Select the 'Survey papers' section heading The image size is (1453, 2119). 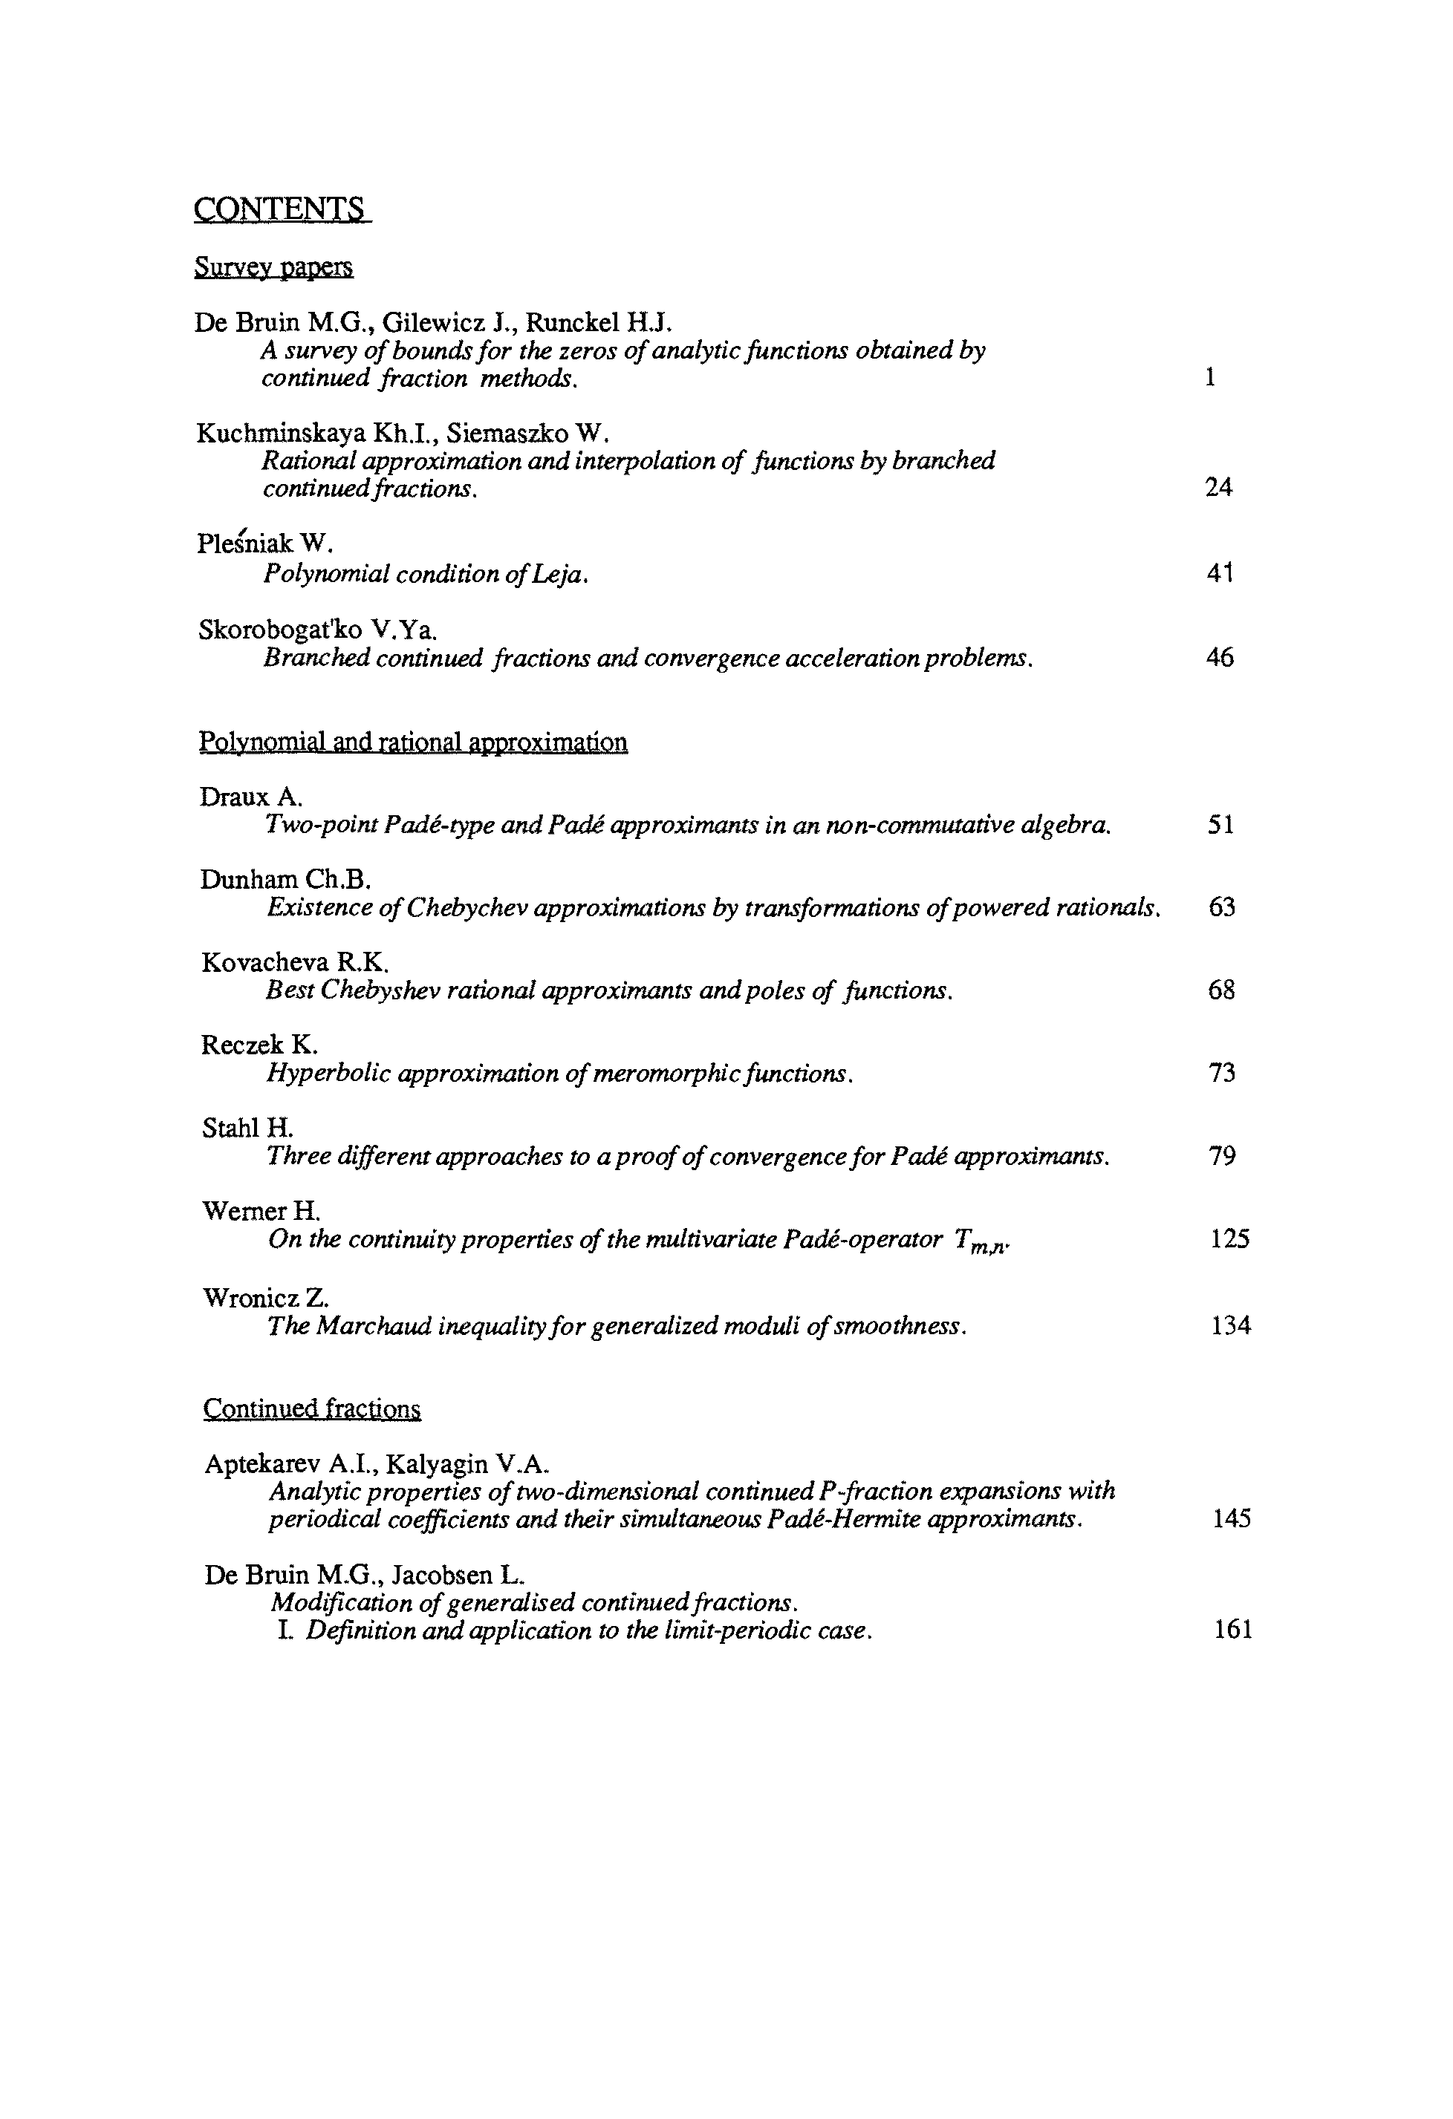[x=273, y=267]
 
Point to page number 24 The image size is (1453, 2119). [x=1218, y=488]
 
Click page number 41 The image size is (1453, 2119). [x=1220, y=573]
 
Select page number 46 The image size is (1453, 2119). [x=1220, y=657]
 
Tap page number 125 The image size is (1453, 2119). [x=1229, y=1239]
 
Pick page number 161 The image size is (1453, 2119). [x=1233, y=1630]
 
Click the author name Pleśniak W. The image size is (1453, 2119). [x=264, y=543]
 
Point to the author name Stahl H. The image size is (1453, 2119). [x=247, y=1128]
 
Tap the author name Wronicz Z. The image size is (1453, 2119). [x=265, y=1296]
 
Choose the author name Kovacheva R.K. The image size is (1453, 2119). [x=296, y=962]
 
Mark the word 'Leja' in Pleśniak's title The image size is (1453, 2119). [x=559, y=575]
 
